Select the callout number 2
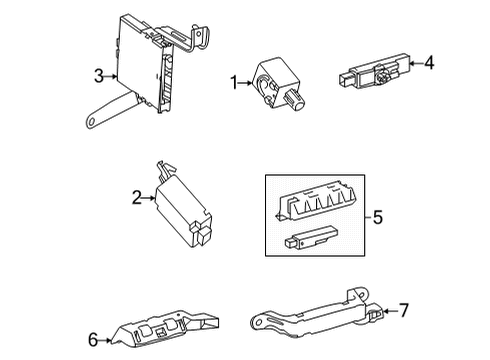click(x=136, y=198)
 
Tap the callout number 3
click(x=100, y=75)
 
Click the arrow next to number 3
click(x=113, y=75)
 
